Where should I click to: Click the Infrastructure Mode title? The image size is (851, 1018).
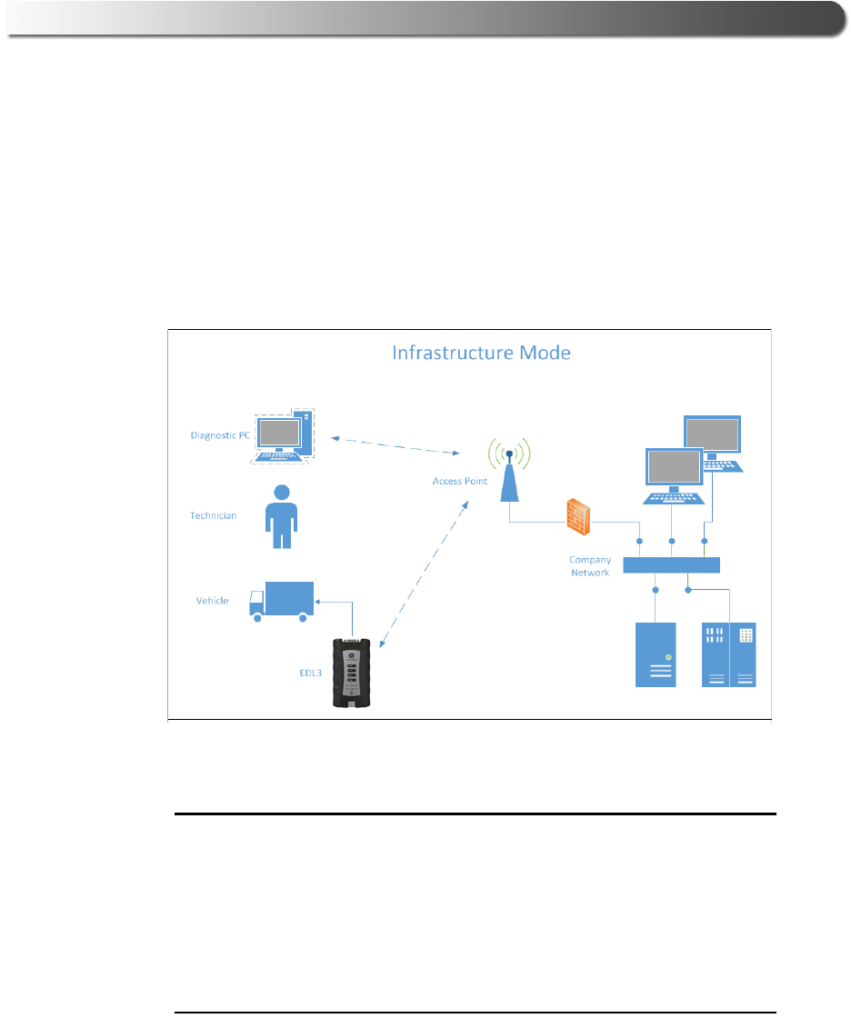(x=481, y=352)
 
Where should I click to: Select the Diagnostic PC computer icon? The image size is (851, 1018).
(x=283, y=435)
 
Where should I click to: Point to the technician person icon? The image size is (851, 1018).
(x=282, y=515)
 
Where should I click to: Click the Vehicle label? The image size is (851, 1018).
(x=212, y=601)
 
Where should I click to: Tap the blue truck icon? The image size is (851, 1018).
(x=282, y=601)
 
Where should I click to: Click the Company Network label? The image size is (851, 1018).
(x=590, y=566)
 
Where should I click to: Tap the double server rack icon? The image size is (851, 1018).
(x=729, y=654)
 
